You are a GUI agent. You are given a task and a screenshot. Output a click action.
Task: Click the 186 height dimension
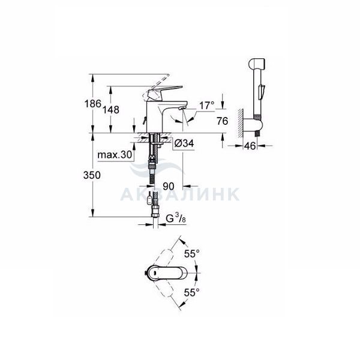(x=93, y=104)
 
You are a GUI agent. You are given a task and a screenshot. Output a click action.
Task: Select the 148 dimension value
(x=110, y=110)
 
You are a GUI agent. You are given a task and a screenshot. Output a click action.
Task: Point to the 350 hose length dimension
(x=92, y=175)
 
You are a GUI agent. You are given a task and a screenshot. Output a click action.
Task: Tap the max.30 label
(x=115, y=155)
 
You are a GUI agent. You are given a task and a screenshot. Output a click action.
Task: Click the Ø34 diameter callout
(x=184, y=143)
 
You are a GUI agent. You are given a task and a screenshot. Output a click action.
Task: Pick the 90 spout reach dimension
(x=169, y=186)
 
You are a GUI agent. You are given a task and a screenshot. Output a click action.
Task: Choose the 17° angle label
(x=206, y=106)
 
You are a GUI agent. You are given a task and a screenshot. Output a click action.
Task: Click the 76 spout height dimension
(x=222, y=121)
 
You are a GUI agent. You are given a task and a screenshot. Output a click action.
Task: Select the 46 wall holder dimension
(x=250, y=146)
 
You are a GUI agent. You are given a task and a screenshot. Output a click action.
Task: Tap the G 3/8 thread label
(x=176, y=218)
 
